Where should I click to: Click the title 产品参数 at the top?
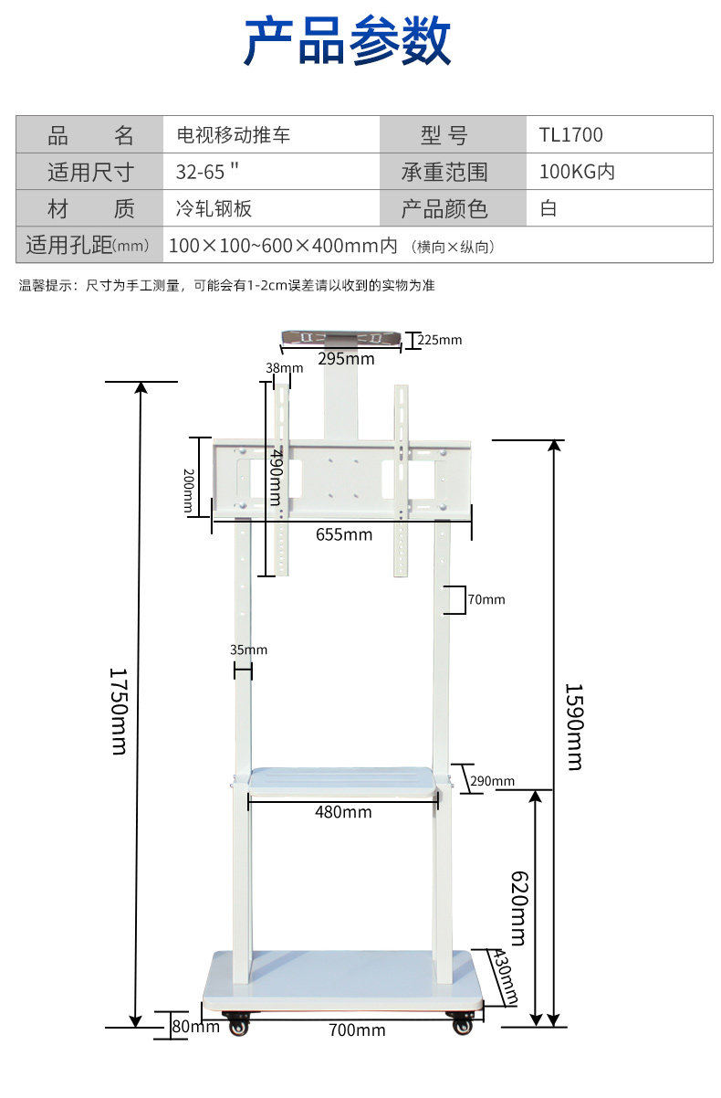(348, 41)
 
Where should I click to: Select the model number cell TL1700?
(570, 135)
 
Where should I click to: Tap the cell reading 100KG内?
(577, 172)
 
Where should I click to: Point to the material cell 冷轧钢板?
(214, 208)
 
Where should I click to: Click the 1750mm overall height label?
(118, 710)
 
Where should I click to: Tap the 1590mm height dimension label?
(573, 726)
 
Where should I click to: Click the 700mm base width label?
(357, 1030)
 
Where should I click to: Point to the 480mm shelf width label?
(343, 811)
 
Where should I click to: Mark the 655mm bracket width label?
(344, 534)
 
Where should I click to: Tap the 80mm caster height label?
(195, 1027)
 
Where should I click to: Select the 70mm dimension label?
(486, 600)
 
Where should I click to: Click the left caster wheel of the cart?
(238, 1024)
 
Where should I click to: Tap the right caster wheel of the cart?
(463, 1024)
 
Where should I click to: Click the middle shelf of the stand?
(341, 780)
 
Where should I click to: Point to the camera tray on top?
(340, 338)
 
